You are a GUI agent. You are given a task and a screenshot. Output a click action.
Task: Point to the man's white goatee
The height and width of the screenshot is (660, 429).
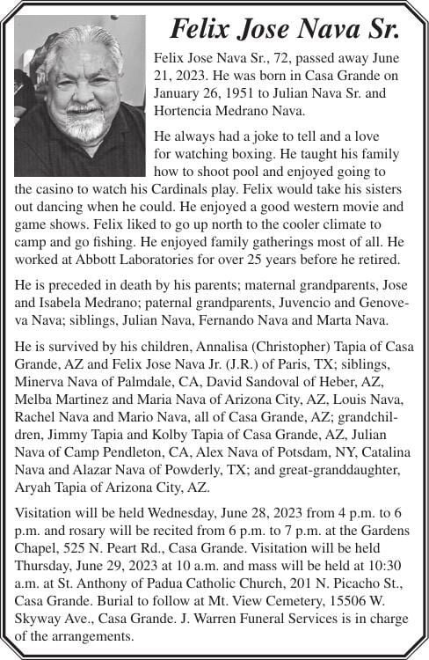click(85, 122)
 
